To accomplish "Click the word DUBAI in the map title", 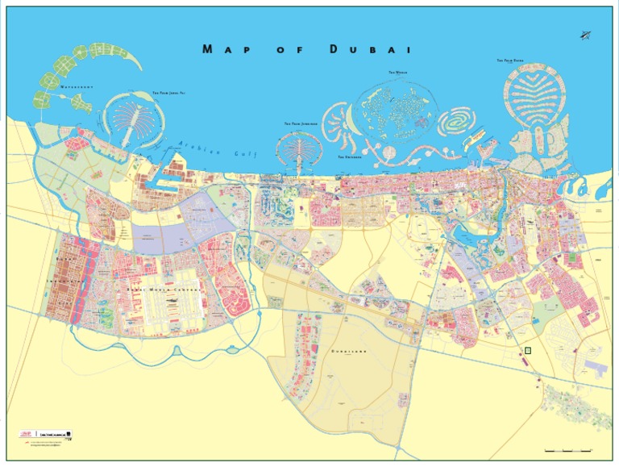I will pos(371,49).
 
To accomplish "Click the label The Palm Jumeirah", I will pos(301,124).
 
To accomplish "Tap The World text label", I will pos(397,73).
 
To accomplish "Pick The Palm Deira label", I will pos(510,60).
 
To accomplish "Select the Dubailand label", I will pos(349,352).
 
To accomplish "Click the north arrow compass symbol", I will pos(584,35).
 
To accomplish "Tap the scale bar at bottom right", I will pos(568,448).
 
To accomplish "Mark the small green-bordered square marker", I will pos(528,350).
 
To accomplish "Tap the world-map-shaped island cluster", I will pos(395,109).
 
